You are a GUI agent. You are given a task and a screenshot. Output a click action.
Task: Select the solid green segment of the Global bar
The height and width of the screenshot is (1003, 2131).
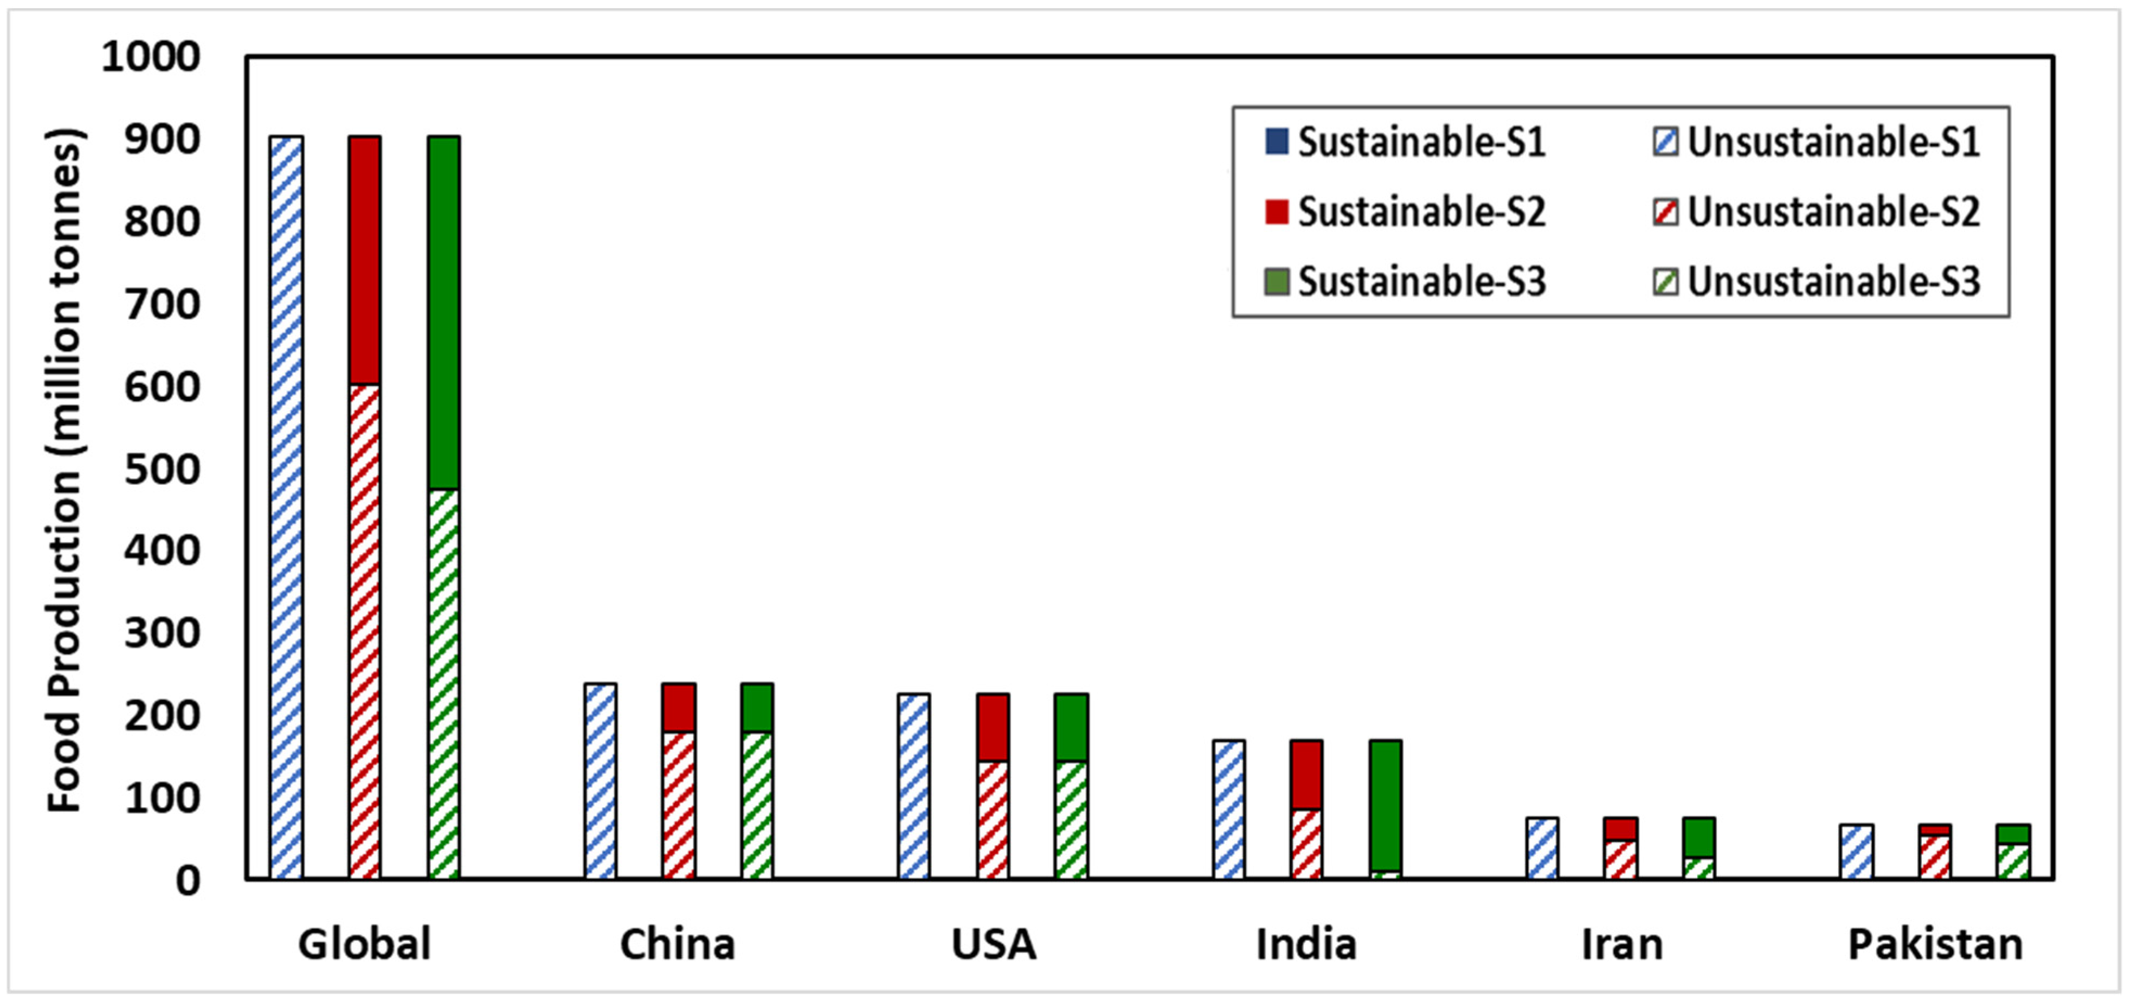tap(443, 313)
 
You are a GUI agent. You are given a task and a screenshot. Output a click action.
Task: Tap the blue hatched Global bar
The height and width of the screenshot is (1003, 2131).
tap(286, 506)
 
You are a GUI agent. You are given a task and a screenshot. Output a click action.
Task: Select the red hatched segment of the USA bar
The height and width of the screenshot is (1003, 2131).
tap(993, 819)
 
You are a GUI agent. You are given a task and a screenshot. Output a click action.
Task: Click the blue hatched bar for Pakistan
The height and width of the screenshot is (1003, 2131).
tap(1856, 851)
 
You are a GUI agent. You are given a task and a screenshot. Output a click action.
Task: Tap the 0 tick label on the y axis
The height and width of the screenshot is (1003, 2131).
tap(187, 880)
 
